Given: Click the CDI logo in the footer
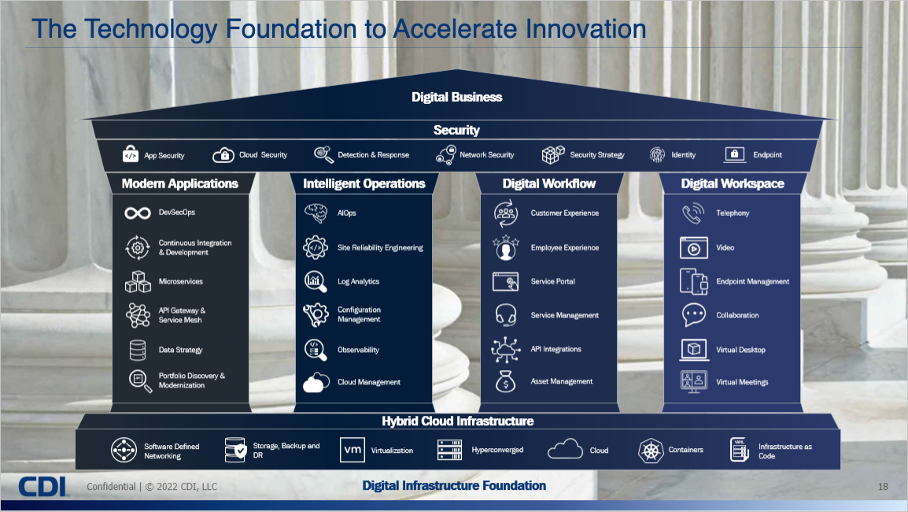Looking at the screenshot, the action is (43, 487).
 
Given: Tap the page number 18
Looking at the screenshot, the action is (883, 487).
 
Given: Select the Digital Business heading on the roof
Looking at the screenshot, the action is (457, 97).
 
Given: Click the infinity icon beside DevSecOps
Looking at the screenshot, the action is (138, 213).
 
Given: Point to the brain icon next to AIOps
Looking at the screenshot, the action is (316, 213).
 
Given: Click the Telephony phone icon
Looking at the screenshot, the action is (693, 213).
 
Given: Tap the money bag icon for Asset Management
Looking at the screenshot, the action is (506, 381).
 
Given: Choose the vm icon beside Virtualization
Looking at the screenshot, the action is (352, 450).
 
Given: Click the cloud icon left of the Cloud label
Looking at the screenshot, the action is (565, 449).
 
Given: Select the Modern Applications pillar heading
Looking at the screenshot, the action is (179, 184).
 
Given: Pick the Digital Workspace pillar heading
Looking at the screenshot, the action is (733, 184).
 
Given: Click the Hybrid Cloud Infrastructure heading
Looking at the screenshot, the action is (457, 421).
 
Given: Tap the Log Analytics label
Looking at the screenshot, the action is (359, 281).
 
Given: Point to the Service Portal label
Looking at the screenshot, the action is (553, 281).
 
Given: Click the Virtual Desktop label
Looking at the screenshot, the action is (740, 350).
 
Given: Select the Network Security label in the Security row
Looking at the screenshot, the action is (487, 155).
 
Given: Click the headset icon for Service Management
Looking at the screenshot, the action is (506, 315).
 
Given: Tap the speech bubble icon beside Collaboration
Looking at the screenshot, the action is (694, 315).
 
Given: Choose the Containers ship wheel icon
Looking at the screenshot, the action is (651, 451).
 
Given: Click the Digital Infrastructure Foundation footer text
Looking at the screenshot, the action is (454, 486).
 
